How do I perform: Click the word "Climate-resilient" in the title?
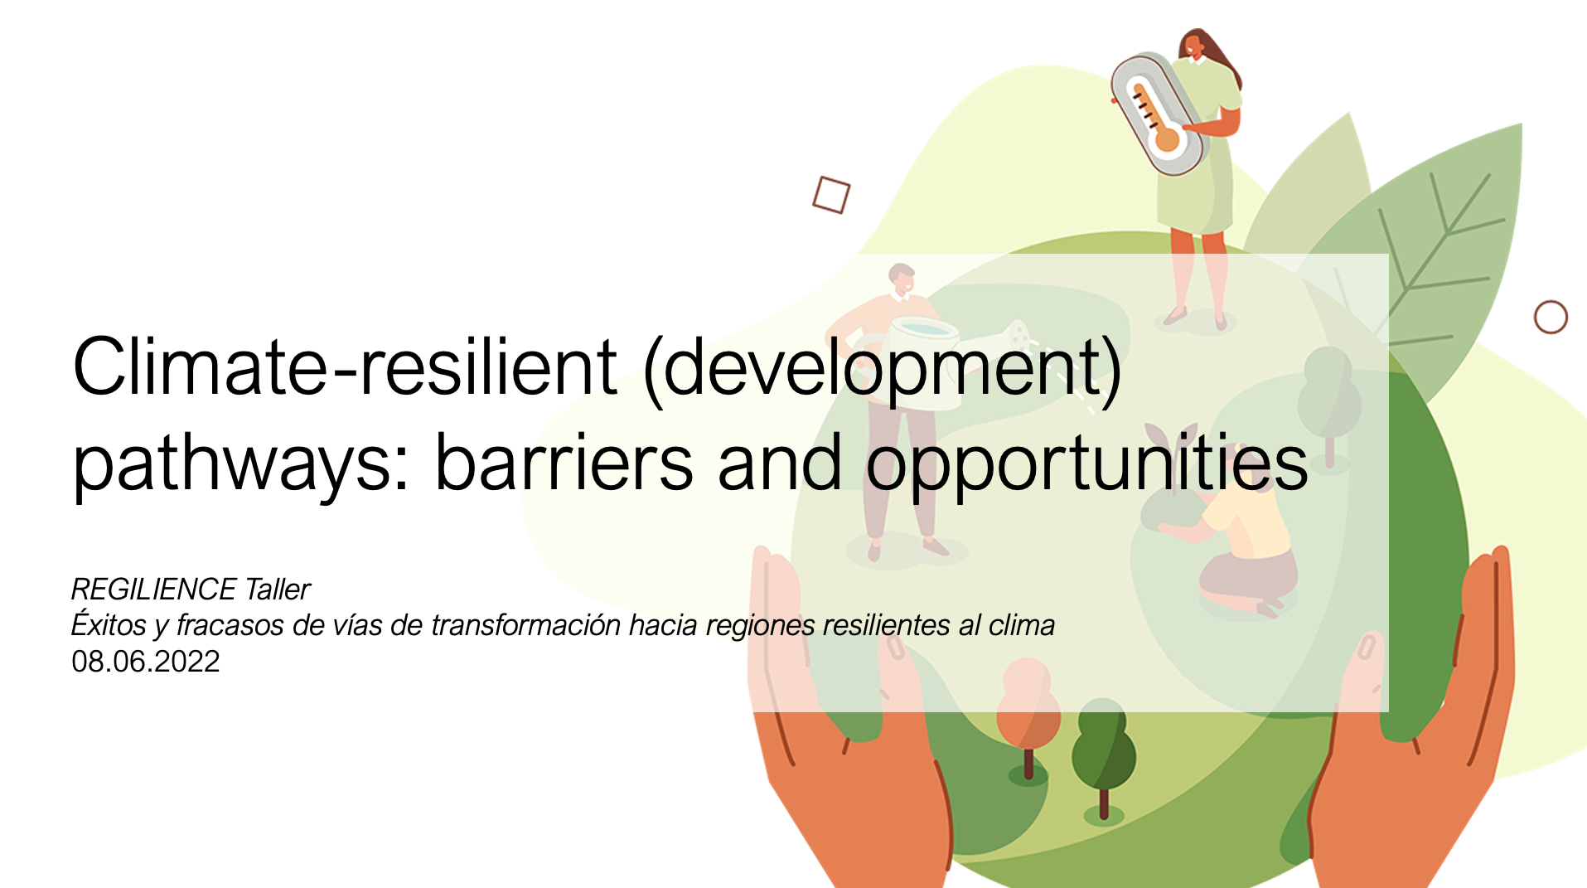coord(345,367)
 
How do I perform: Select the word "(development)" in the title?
coord(883,371)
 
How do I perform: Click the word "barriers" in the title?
coord(564,462)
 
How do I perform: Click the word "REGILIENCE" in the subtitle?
coord(154,590)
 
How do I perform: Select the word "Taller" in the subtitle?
coord(278,590)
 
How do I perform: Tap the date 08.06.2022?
coord(146,662)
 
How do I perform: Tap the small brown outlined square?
coord(831,195)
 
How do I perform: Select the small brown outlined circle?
coord(1551,317)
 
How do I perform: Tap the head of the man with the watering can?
coord(901,279)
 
